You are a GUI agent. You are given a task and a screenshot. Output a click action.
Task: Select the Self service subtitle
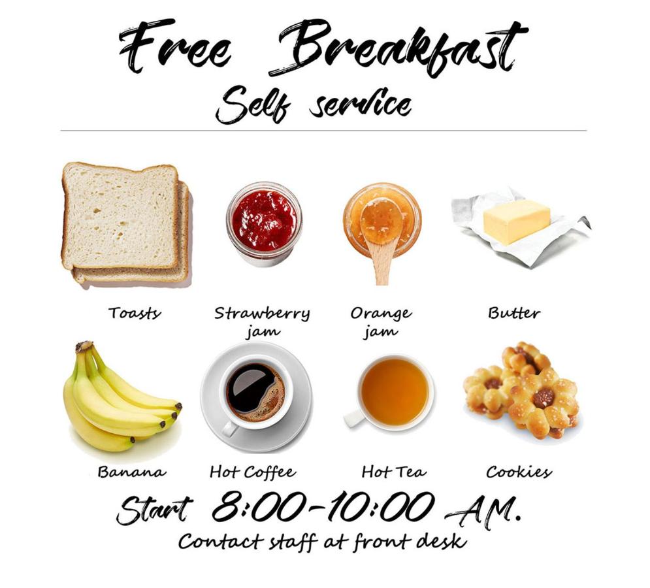point(314,105)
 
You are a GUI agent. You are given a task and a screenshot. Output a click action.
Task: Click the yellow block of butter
point(517,221)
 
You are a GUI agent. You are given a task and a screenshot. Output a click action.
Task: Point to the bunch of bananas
point(120,398)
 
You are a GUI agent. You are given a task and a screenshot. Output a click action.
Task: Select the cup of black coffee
point(255,393)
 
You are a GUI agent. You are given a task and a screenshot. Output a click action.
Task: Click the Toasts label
point(135,313)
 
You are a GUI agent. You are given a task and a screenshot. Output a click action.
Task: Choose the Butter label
point(514,313)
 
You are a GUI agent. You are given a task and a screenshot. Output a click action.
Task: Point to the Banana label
point(132,472)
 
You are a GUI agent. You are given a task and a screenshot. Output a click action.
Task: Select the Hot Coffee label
point(253,472)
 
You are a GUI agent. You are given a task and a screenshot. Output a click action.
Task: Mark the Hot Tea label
point(394,472)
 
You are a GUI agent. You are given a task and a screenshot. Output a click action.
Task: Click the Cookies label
point(519,472)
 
